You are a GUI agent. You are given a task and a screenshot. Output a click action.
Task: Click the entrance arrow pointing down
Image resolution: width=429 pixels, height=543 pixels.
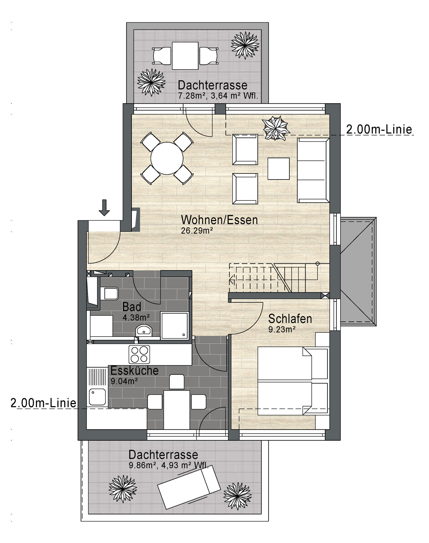[104, 208]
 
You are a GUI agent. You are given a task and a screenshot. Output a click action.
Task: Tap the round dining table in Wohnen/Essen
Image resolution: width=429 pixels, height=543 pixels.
[167, 158]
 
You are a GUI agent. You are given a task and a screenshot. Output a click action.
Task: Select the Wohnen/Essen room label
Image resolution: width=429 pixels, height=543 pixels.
[219, 220]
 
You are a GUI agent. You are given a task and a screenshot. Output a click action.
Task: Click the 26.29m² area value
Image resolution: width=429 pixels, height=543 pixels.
[197, 230]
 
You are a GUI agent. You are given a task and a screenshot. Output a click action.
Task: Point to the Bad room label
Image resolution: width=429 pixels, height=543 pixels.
[131, 307]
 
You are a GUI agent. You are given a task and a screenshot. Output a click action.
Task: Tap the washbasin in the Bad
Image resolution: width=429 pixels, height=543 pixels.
[144, 330]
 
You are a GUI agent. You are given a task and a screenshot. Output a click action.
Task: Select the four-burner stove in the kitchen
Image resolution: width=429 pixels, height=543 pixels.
[139, 354]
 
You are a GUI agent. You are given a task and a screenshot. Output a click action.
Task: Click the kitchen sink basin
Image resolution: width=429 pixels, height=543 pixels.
[97, 397]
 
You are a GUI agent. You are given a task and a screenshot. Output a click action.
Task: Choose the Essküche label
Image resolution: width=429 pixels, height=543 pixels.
[134, 370]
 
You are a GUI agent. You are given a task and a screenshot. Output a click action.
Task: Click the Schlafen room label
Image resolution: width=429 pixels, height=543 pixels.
[290, 319]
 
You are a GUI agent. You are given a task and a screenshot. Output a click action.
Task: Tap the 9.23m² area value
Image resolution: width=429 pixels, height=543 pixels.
[282, 329]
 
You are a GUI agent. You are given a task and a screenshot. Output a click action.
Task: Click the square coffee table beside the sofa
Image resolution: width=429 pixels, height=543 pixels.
[279, 169]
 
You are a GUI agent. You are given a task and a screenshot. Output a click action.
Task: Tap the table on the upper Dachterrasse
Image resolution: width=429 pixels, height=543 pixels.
[185, 56]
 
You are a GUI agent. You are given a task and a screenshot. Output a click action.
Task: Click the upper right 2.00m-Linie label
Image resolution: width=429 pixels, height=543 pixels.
[379, 129]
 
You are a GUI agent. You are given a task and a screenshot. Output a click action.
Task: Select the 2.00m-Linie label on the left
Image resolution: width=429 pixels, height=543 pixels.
[44, 403]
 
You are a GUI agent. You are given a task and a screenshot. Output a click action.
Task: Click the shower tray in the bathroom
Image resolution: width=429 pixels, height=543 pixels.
[174, 325]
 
